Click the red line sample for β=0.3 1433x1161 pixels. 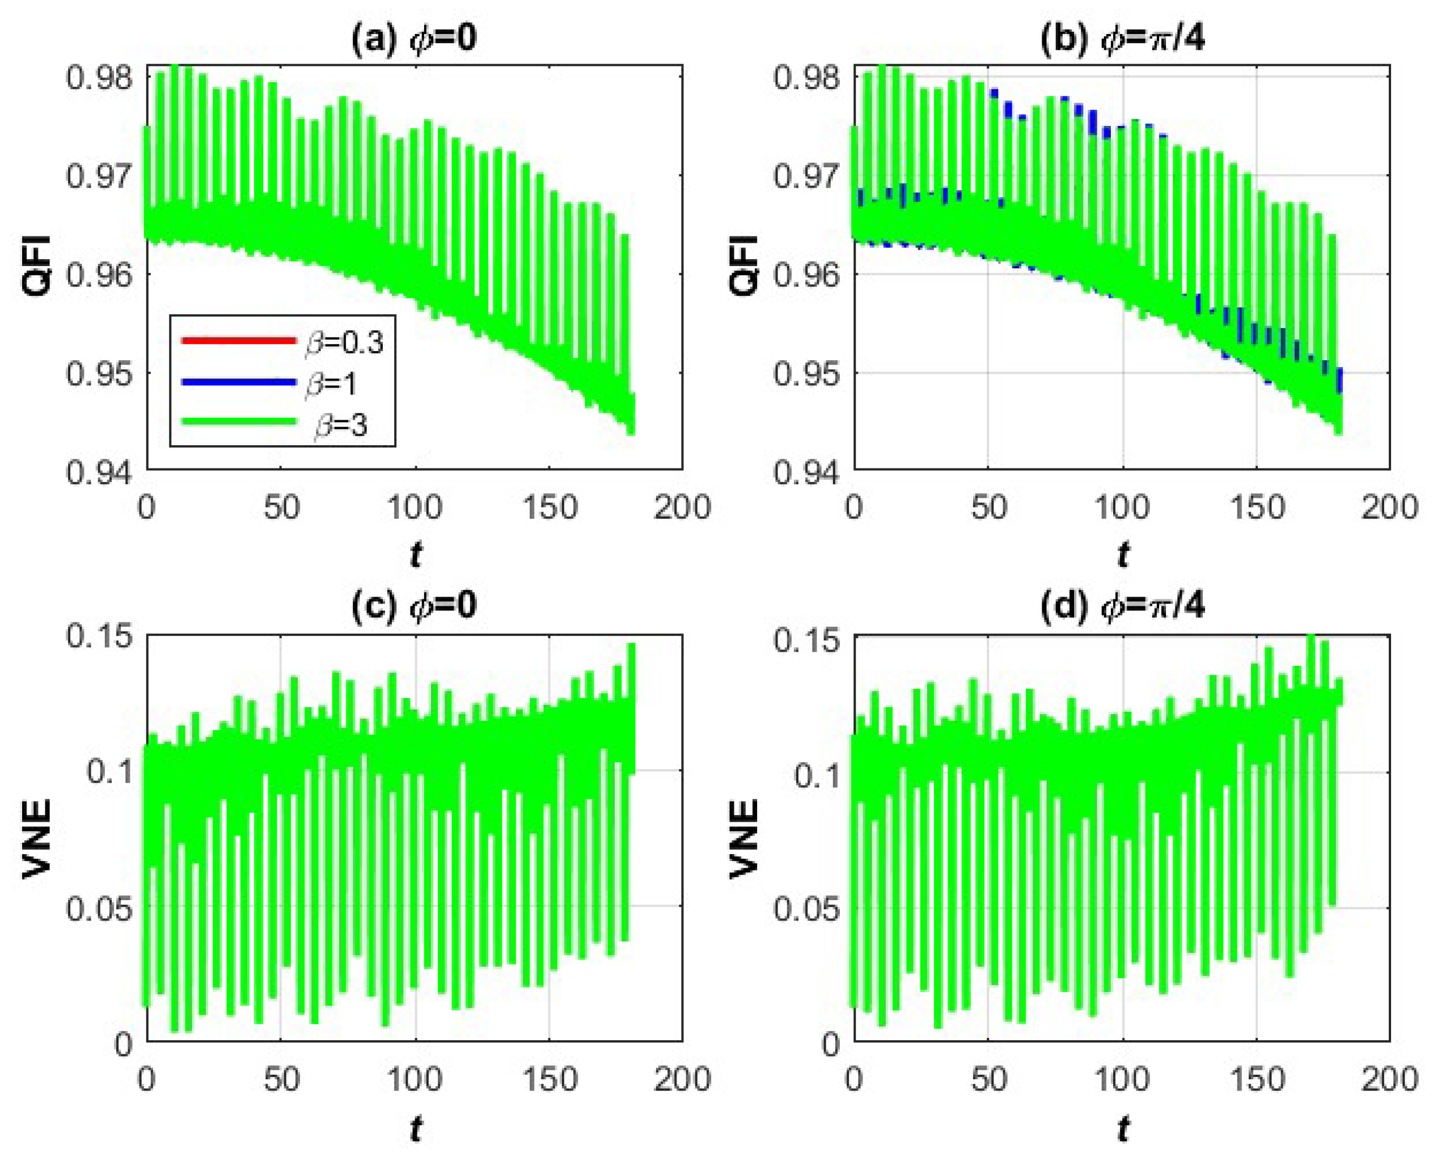pyautogui.click(x=238, y=340)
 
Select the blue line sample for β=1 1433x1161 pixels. pyautogui.click(x=238, y=382)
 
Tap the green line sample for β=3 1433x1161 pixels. pyautogui.click(x=238, y=421)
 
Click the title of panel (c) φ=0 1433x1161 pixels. pyautogui.click(x=414, y=605)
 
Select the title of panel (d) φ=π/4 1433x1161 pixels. pyautogui.click(x=1122, y=605)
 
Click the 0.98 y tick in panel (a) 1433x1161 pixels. pyautogui.click(x=99, y=78)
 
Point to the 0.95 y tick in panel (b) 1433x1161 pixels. pyautogui.click(x=806, y=373)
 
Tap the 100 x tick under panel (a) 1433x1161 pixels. pyautogui.click(x=415, y=508)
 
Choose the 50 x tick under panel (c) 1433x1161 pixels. pyautogui.click(x=281, y=1080)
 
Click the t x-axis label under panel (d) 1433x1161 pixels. pyautogui.click(x=1123, y=1130)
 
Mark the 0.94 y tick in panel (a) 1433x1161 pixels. pyautogui.click(x=99, y=472)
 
